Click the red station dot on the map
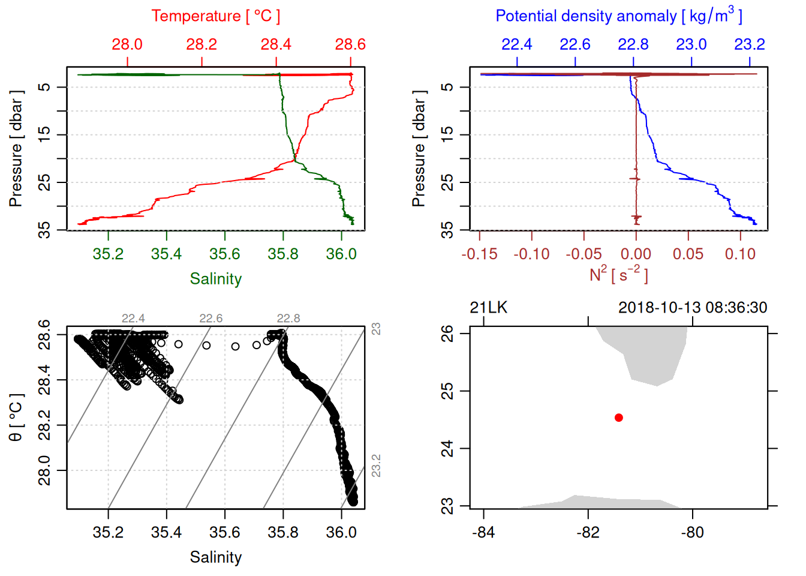coord(618,418)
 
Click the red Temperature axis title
coord(215,16)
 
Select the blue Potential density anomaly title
coord(618,16)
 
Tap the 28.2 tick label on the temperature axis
coord(201,44)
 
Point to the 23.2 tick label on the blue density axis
coord(749,44)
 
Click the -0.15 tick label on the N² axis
coord(479,254)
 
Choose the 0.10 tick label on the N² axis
coord(740,254)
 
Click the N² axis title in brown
coord(618,274)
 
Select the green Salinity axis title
coord(215,279)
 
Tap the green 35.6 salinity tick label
coord(225,254)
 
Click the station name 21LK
coord(488,308)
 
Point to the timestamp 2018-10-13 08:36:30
coord(693,308)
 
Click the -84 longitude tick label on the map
coord(483,533)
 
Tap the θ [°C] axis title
coord(16,418)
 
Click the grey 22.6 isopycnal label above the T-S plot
coord(210,319)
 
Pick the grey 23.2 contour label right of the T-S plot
coord(376,466)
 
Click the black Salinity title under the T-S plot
coord(215,557)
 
